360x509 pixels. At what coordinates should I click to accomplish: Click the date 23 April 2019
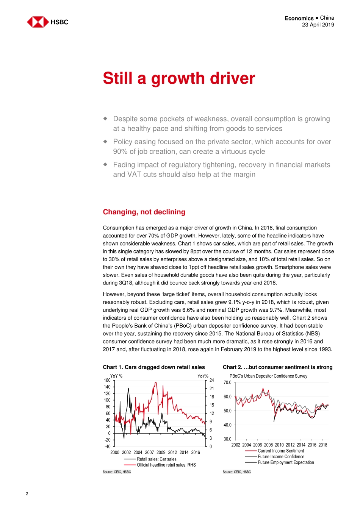[318, 25]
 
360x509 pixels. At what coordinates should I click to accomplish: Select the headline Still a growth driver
[179, 78]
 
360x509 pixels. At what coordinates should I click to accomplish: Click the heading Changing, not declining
[144, 212]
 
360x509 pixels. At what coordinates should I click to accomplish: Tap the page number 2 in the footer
[27, 493]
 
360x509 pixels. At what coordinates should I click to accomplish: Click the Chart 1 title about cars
[154, 367]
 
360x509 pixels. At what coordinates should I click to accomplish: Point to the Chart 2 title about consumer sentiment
[277, 367]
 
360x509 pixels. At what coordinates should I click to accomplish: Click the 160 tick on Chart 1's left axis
[107, 380]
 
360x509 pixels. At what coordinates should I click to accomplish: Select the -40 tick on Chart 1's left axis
[108, 447]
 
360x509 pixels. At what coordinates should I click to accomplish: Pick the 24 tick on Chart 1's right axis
[211, 380]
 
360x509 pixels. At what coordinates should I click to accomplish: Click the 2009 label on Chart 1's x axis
[161, 452]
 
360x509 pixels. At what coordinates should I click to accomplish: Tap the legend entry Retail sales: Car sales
[157, 459]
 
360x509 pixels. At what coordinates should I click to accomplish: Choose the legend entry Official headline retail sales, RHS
[166, 465]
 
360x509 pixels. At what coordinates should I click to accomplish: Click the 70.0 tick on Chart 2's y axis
[227, 383]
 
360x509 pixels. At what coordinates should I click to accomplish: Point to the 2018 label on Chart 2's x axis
[323, 445]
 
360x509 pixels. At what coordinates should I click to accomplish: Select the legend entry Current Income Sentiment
[281, 451]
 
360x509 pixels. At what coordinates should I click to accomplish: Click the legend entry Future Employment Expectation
[286, 462]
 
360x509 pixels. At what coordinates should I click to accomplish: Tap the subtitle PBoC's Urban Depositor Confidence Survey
[268, 376]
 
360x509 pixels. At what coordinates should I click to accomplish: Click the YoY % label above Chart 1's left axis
[116, 376]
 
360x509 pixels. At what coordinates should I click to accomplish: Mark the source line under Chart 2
[237, 472]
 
